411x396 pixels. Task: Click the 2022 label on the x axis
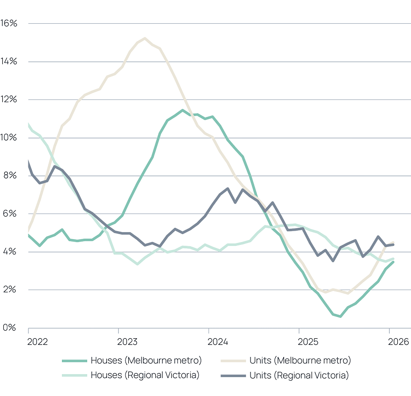37,341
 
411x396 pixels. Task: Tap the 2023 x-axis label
127,341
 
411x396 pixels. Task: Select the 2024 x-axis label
218,341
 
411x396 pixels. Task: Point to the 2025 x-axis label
308,341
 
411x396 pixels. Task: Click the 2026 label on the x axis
397,341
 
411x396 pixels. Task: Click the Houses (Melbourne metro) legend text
146,360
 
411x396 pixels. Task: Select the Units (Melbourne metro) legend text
300,360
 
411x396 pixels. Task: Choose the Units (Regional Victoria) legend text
298,375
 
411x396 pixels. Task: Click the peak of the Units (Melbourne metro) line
144,37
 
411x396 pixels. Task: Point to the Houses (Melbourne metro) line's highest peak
183,110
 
